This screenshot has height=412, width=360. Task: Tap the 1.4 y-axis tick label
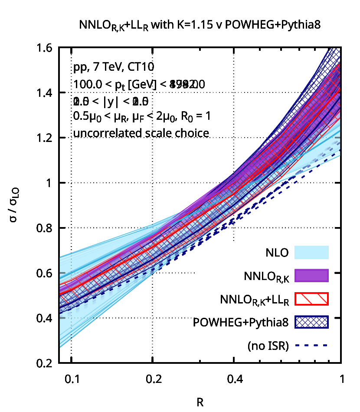[46, 92]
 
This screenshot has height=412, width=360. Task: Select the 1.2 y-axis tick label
[46, 138]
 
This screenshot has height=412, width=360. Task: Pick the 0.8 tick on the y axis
[46, 228]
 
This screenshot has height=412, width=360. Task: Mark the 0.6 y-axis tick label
[46, 273]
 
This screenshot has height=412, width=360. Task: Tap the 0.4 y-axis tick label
[46, 318]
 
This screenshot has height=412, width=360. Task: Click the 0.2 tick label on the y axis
[46, 363]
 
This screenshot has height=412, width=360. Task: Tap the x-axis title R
[200, 402]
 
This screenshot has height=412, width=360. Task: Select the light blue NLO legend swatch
[311, 252]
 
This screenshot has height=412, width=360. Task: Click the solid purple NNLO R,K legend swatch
[311, 275]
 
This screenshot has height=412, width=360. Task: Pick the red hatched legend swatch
[311, 299]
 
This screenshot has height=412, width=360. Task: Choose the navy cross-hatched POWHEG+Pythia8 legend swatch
[311, 322]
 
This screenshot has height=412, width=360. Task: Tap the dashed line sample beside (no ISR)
[311, 346]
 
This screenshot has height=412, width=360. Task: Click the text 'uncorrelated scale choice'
[142, 133]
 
